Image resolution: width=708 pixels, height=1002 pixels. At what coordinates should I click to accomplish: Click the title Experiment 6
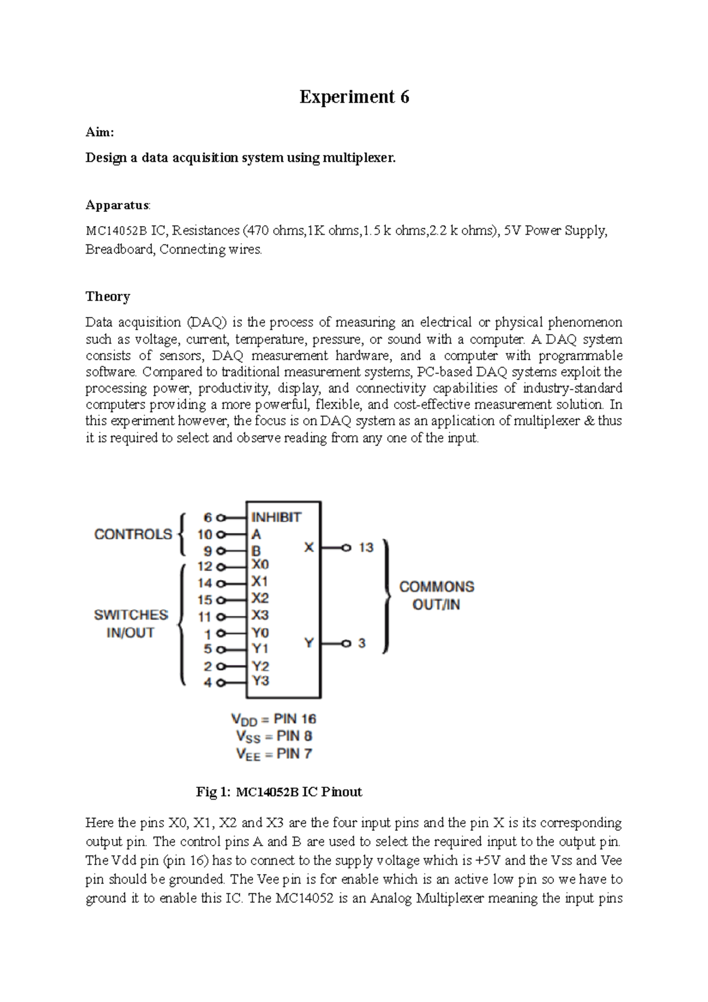354,97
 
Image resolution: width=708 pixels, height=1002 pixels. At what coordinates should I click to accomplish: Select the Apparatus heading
117,205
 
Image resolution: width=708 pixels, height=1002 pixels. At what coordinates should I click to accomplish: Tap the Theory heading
107,296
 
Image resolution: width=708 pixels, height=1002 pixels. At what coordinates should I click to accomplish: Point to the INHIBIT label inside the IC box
276,517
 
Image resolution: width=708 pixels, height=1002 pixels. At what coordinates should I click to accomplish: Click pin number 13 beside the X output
366,548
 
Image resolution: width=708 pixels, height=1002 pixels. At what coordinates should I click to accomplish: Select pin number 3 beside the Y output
362,643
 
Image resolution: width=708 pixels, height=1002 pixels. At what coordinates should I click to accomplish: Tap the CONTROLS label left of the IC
133,534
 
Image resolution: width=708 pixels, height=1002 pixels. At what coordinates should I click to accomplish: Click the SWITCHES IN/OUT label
131,624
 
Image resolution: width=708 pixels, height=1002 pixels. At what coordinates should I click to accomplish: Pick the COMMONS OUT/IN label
437,595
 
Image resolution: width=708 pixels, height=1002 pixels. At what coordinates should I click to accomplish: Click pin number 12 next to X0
205,567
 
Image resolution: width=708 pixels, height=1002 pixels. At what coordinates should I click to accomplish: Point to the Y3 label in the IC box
261,681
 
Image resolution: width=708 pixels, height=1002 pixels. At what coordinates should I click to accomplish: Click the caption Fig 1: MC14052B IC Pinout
278,792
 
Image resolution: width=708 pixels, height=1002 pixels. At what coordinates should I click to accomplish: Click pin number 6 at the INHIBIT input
208,518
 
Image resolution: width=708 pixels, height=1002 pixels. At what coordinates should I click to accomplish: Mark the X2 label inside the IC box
260,598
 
